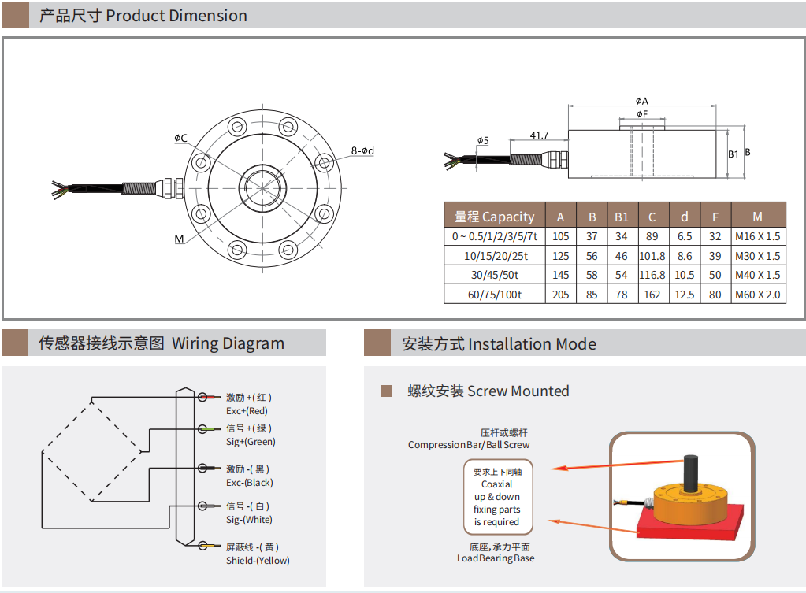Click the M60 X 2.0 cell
[758, 295]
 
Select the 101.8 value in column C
[652, 256]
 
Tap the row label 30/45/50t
[494, 276]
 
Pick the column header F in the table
[715, 217]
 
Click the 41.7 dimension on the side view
[539, 135]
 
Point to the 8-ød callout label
[362, 150]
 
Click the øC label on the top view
[180, 139]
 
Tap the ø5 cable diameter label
[482, 141]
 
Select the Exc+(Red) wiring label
[247, 410]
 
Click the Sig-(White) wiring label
[249, 520]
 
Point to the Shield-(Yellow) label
[258, 560]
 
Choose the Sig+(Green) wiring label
[251, 442]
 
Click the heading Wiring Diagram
[228, 343]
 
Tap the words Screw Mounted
[518, 391]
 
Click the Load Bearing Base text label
[495, 558]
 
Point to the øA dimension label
[641, 101]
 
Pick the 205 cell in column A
[560, 295]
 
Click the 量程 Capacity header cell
[494, 217]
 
